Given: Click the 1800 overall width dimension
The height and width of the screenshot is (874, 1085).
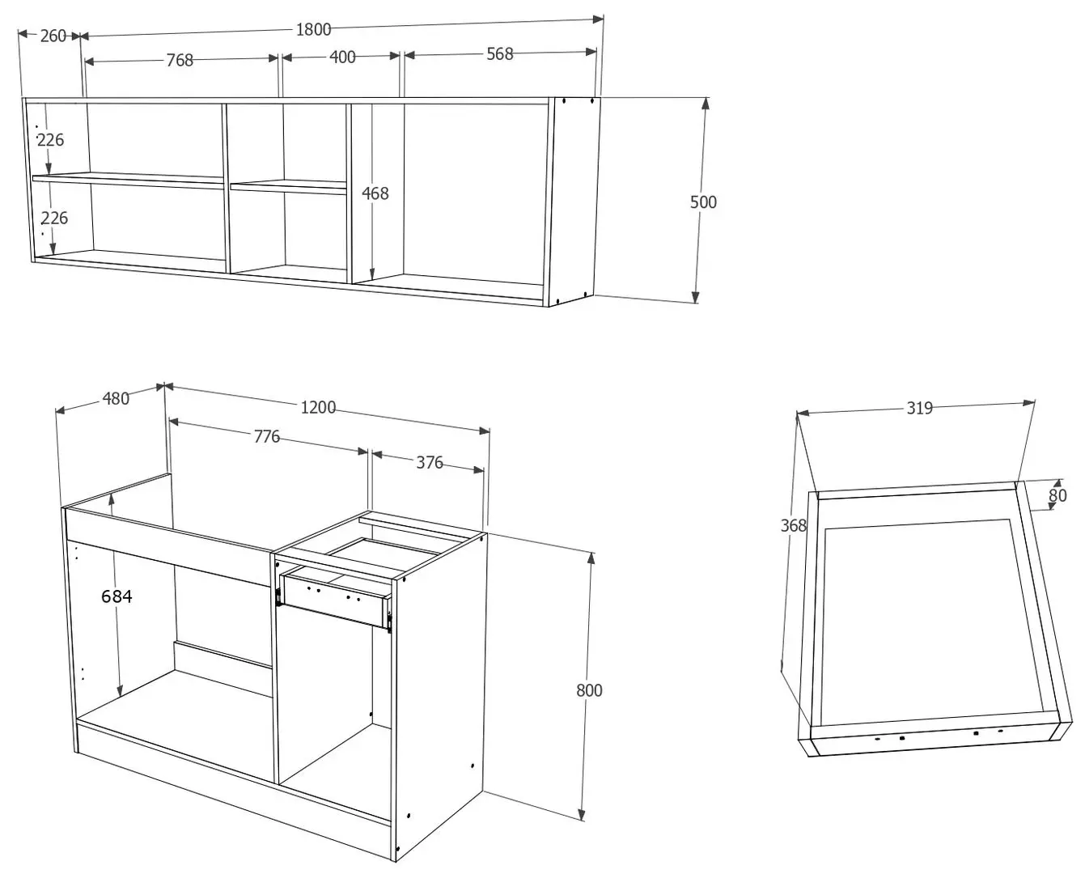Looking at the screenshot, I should (313, 29).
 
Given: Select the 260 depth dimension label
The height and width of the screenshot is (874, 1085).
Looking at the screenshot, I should (53, 36).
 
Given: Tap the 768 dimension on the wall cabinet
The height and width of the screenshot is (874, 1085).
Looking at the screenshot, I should (180, 60).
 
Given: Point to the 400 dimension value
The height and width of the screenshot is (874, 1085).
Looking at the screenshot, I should (342, 57).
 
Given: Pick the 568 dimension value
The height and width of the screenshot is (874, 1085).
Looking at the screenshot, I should (499, 53).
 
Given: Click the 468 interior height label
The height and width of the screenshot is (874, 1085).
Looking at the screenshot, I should (375, 193).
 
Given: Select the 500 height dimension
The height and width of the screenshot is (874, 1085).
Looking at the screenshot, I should (703, 202).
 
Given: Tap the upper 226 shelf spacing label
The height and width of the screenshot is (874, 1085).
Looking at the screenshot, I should (51, 139).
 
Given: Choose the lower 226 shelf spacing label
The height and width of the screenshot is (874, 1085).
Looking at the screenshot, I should (54, 218).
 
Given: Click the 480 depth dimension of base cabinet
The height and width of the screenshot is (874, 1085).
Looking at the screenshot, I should (116, 398).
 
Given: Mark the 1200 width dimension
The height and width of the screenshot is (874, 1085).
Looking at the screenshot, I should (318, 407).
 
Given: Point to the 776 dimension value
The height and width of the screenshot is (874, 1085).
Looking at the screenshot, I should (267, 437).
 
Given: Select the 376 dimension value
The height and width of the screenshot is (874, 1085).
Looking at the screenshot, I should (430, 462).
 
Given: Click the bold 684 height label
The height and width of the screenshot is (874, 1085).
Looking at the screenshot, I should (117, 596).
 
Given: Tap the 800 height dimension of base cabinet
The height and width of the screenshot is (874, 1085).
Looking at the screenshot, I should (589, 690).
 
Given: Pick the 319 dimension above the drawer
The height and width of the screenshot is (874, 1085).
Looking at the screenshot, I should (919, 408).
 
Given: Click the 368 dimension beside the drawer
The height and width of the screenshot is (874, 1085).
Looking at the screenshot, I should (793, 525).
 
